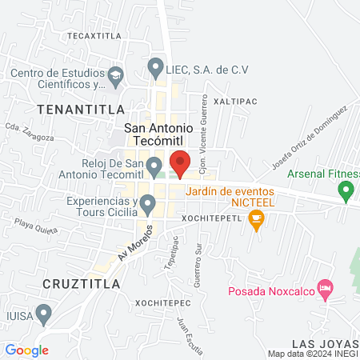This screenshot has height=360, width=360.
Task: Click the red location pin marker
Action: pyautogui.click(x=180, y=162)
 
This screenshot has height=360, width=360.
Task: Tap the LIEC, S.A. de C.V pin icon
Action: pyautogui.click(x=155, y=68)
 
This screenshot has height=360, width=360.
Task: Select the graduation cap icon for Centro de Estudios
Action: pyautogui.click(x=117, y=78)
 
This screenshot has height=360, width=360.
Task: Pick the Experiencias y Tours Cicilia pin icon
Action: pyautogui.click(x=147, y=206)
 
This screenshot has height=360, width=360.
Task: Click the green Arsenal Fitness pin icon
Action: pyautogui.click(x=346, y=191)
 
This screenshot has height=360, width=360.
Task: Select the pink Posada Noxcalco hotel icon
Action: pyautogui.click(x=325, y=287)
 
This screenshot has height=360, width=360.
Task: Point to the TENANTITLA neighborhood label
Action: pyautogui.click(x=80, y=108)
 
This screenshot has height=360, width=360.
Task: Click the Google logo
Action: pyautogui.click(x=27, y=350)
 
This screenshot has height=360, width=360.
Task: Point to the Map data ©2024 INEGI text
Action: pyautogui.click(x=312, y=354)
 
